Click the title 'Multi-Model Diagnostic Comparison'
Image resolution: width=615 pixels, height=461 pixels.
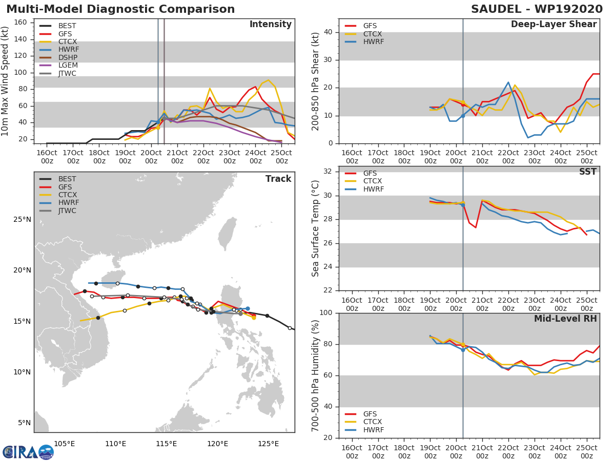(x=120, y=9)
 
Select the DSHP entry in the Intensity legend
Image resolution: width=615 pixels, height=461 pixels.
(x=67, y=57)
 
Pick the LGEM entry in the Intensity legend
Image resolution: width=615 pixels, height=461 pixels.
(x=67, y=66)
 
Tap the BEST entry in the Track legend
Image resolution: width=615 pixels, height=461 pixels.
(x=67, y=179)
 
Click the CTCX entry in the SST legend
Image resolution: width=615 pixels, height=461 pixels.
(x=373, y=181)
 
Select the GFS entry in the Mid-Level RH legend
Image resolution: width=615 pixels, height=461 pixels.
(x=373, y=414)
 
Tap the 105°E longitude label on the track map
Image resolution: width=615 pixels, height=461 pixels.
(x=65, y=443)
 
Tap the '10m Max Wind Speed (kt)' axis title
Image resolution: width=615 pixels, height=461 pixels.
(x=6, y=82)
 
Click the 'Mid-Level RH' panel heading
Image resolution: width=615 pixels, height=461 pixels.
(x=565, y=319)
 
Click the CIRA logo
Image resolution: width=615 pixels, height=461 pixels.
(x=28, y=452)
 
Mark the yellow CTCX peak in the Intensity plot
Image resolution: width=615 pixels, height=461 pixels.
(x=268, y=80)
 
